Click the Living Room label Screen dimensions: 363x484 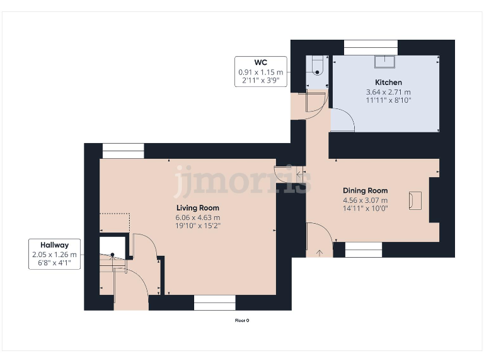coord(197,208)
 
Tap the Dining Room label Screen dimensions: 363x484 coord(365,191)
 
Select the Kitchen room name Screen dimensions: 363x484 coord(388,83)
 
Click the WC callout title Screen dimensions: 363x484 coord(262,62)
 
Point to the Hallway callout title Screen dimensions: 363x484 coord(55,245)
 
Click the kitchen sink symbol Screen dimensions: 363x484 coord(384,61)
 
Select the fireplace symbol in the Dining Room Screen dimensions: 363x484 coord(415,200)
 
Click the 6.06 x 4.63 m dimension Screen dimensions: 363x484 coord(197,217)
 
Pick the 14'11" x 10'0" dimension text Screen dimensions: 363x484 coord(365,209)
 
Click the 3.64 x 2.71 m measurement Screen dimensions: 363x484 coord(388,92)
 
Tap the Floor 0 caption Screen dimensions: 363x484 coord(242,320)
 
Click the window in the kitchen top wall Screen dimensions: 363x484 coord(371,47)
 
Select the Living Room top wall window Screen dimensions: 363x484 coord(123,151)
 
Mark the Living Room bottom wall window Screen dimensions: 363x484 coord(214,303)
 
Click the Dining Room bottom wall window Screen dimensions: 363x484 coord(364,250)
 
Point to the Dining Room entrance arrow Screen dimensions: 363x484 coord(320,253)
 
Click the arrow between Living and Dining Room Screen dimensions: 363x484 coord(298,170)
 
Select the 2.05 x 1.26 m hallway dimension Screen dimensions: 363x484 coord(55,255)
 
